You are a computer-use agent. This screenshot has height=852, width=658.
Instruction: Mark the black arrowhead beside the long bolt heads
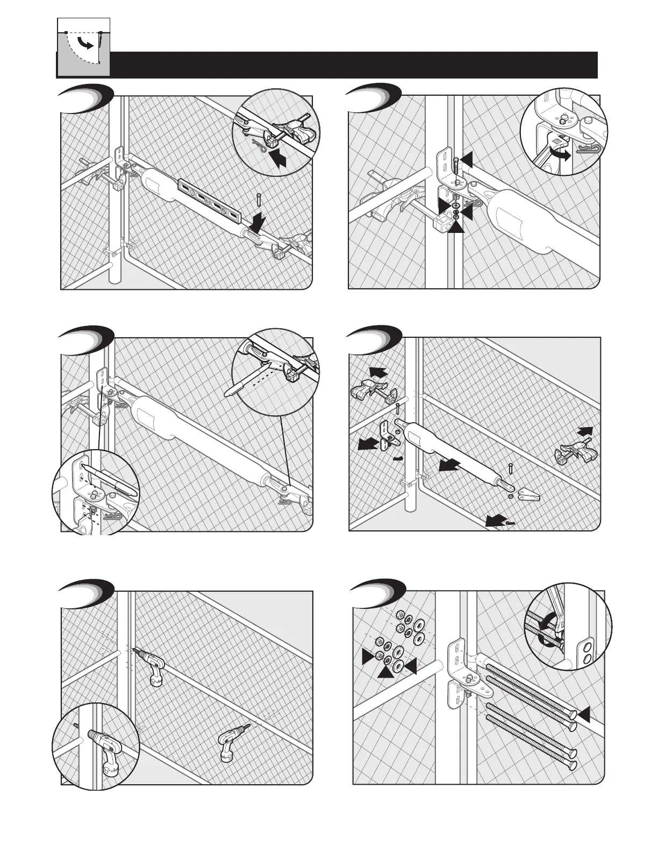584,714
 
